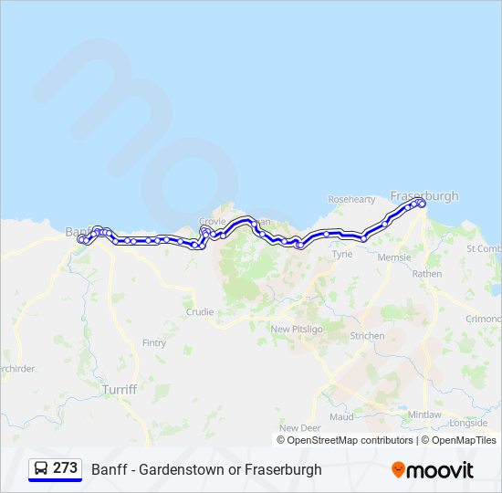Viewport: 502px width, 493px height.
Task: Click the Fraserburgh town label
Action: pyautogui.click(x=424, y=195)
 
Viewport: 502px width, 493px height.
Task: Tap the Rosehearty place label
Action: pyautogui.click(x=351, y=198)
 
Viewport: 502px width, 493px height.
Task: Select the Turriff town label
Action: pyautogui.click(x=120, y=389)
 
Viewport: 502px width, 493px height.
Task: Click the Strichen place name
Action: pyautogui.click(x=367, y=336)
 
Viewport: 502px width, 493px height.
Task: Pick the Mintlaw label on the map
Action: pyautogui.click(x=424, y=414)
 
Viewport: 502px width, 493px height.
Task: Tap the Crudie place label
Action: pyautogui.click(x=200, y=311)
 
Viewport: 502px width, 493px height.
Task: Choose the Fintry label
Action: pyautogui.click(x=154, y=343)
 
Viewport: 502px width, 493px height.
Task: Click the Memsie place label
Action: pyautogui.click(x=394, y=257)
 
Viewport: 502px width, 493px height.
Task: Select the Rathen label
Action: pyautogui.click(x=426, y=273)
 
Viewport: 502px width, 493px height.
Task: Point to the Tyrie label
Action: pyautogui.click(x=341, y=255)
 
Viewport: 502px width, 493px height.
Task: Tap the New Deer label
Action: pyautogui.click(x=300, y=427)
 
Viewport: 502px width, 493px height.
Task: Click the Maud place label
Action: pyautogui.click(x=341, y=416)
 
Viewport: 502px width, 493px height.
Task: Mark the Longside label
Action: pyautogui.click(x=468, y=423)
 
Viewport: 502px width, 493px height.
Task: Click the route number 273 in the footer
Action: pyautogui.click(x=65, y=468)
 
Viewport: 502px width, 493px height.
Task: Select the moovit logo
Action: pyautogui.click(x=433, y=470)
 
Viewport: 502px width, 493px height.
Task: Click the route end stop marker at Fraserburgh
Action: pyautogui.click(x=422, y=204)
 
